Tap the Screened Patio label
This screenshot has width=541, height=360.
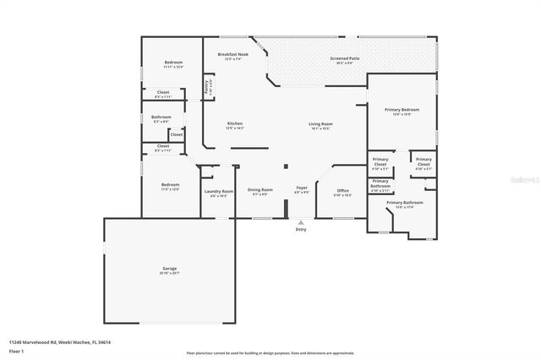(344, 58)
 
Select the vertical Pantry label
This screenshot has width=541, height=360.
(207, 86)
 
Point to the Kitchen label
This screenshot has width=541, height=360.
(234, 124)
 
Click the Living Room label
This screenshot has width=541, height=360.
(320, 124)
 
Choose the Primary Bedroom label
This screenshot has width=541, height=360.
(402, 110)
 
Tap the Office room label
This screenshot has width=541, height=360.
(342, 190)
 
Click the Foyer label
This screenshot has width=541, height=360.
(301, 188)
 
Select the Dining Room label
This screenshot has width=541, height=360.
(260, 190)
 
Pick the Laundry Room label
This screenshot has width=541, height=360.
(219, 192)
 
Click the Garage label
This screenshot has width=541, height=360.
(170, 270)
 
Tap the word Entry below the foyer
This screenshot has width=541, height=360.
(301, 230)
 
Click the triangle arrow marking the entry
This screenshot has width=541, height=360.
(301, 222)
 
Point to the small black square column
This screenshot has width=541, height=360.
(286, 166)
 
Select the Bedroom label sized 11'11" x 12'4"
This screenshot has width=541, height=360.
(173, 63)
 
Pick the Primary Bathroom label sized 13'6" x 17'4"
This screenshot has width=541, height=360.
(404, 203)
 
